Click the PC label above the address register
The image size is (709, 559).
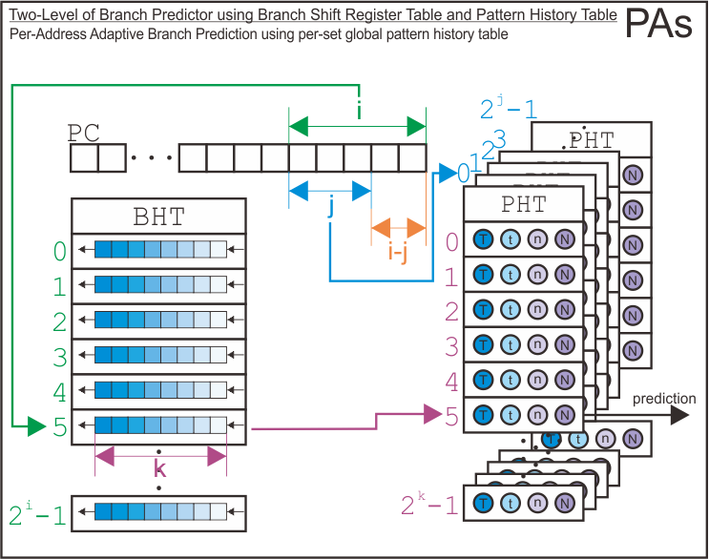pyautogui.click(x=86, y=131)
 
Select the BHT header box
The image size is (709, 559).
pyautogui.click(x=159, y=215)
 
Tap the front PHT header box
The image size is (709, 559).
pyautogui.click(x=522, y=203)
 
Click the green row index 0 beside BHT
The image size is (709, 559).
pyautogui.click(x=60, y=252)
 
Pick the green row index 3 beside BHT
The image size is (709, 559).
pyautogui.click(x=60, y=358)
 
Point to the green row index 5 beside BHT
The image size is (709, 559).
pyautogui.click(x=60, y=428)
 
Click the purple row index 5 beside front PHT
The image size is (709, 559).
pyautogui.click(x=452, y=416)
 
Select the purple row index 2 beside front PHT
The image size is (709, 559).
pyautogui.click(x=452, y=311)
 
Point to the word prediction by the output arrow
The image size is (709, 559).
pyautogui.click(x=664, y=398)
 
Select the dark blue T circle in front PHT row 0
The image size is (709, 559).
pyautogui.click(x=484, y=240)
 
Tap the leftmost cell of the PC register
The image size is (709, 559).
pyautogui.click(x=84, y=157)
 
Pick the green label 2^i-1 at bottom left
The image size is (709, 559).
pyautogui.click(x=37, y=515)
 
